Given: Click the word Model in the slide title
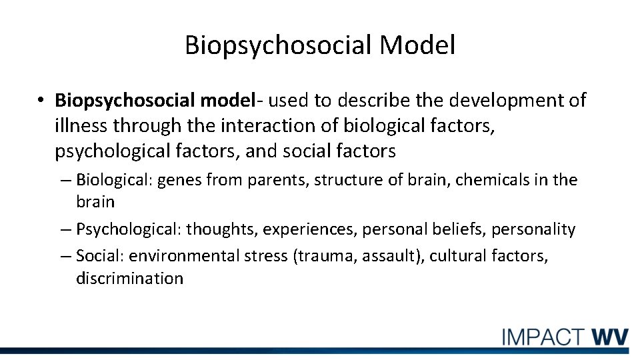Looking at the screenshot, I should tap(418, 45).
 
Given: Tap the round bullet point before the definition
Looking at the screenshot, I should tap(41, 101).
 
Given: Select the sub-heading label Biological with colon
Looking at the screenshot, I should tap(114, 180).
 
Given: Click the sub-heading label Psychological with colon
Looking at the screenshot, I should tap(129, 230).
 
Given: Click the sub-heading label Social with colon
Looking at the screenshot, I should tap(100, 256).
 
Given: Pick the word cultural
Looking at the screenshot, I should tap(455, 256).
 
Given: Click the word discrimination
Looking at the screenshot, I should tap(129, 279).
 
